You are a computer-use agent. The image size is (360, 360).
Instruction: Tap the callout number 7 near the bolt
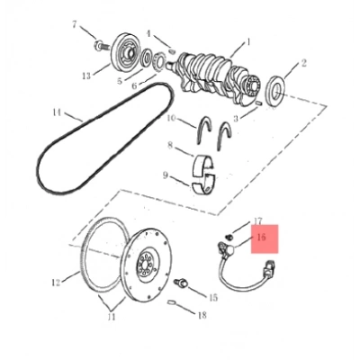pyautogui.click(x=75, y=24)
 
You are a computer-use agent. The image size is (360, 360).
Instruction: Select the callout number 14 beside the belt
pyautogui.click(x=57, y=112)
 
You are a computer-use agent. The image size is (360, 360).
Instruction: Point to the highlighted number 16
pyautogui.click(x=261, y=238)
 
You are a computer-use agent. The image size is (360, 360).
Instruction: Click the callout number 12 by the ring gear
pyautogui.click(x=56, y=283)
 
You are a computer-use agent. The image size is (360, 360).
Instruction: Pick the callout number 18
pyautogui.click(x=202, y=315)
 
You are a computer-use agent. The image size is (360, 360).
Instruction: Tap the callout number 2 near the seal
pyautogui.click(x=303, y=63)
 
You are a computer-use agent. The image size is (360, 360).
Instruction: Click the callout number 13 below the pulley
pyautogui.click(x=86, y=76)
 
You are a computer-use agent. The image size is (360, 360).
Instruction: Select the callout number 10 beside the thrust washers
pyautogui.click(x=171, y=118)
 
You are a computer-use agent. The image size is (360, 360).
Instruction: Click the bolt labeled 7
pyautogui.click(x=101, y=46)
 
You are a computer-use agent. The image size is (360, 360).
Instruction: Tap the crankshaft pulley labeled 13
pyautogui.click(x=125, y=52)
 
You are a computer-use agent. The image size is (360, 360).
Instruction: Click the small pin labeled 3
pyautogui.click(x=260, y=103)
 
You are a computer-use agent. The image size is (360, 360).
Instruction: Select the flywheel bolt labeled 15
pyautogui.click(x=181, y=283)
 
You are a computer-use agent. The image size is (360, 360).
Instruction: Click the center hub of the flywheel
pyautogui.click(x=147, y=263)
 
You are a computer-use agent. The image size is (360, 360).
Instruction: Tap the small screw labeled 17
pyautogui.click(x=229, y=237)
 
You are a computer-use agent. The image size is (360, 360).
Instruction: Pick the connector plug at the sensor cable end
pyautogui.click(x=268, y=269)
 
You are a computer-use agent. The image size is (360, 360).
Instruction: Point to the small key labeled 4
pyautogui.click(x=172, y=51)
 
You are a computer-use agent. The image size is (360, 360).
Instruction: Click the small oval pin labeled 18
pyautogui.click(x=172, y=302)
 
